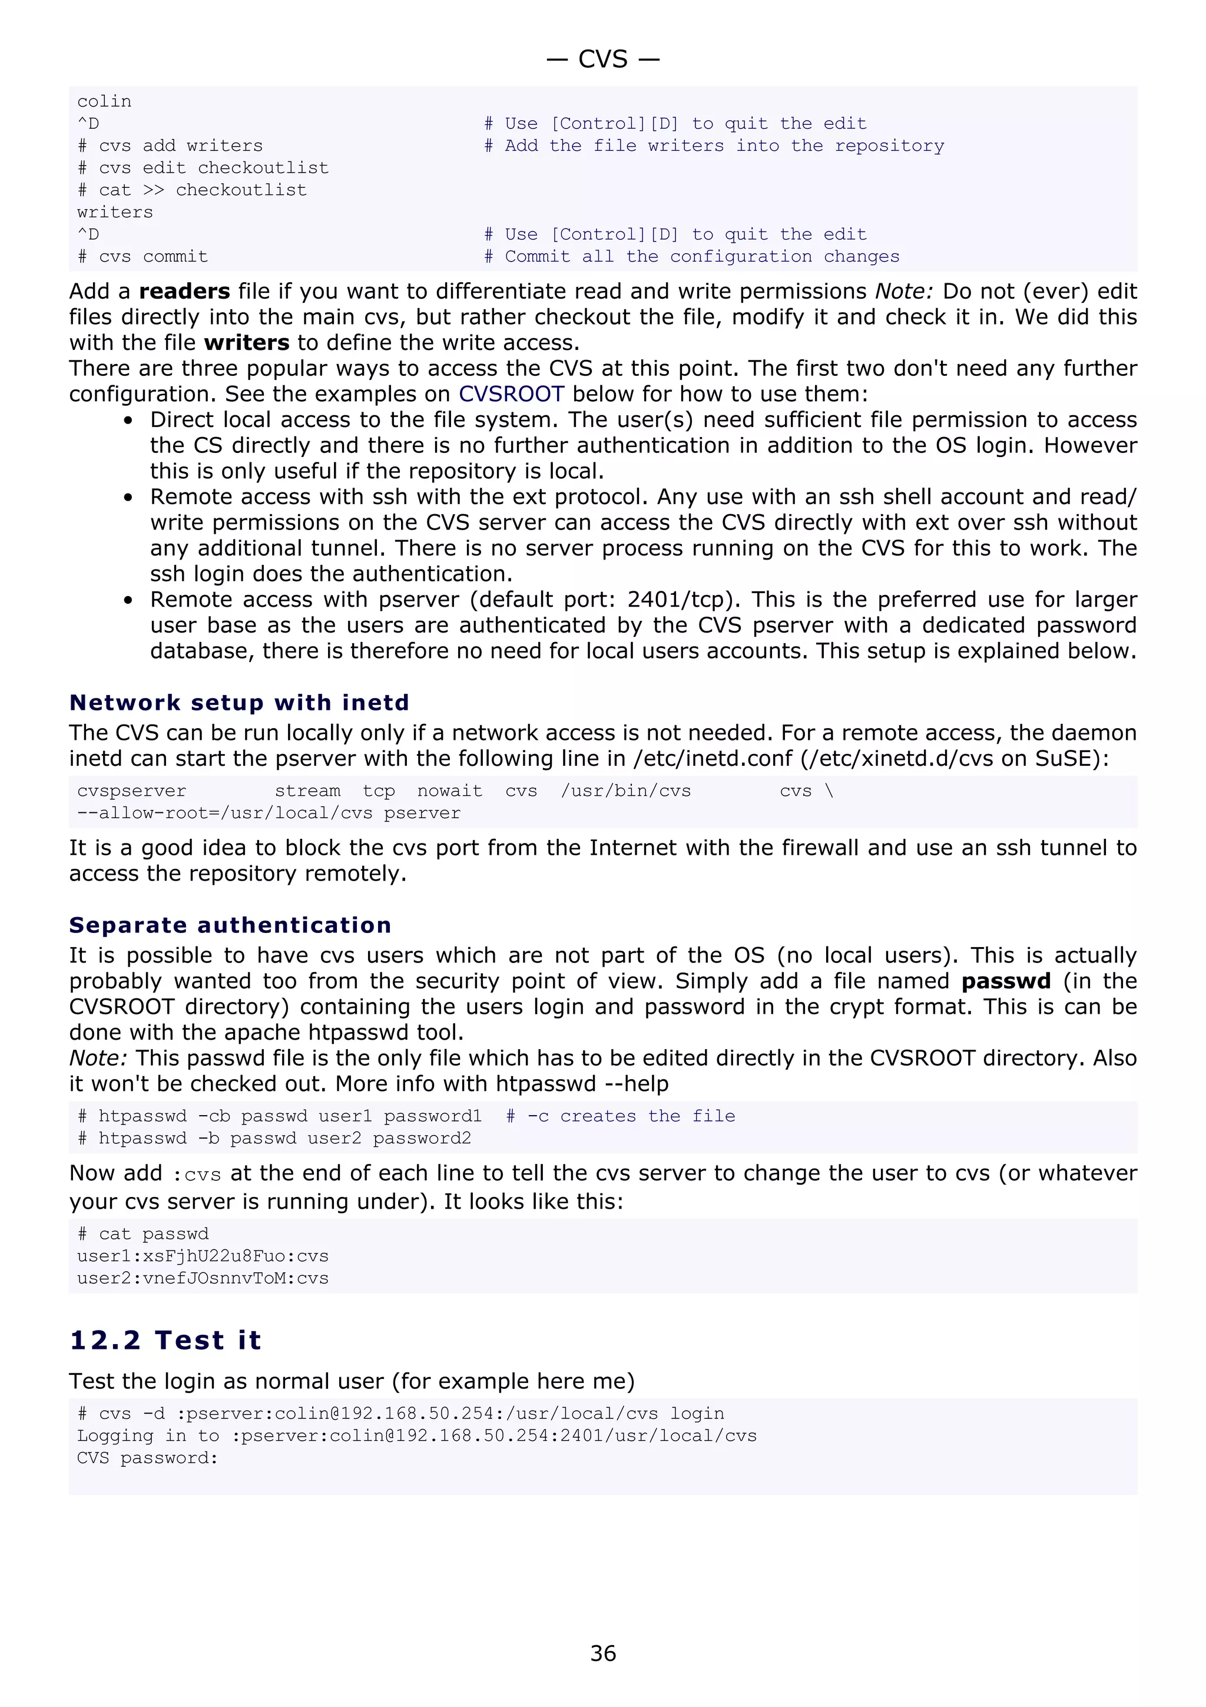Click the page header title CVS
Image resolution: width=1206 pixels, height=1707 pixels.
602,59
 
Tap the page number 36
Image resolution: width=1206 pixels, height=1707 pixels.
602,1653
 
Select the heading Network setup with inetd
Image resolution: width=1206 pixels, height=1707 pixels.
238,703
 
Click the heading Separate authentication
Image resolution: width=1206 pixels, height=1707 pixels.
230,925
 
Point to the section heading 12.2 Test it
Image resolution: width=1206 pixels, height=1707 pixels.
165,1339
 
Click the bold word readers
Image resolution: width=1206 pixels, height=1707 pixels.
184,292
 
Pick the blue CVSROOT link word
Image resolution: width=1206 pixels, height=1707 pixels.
511,394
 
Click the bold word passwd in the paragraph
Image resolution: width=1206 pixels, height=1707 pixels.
1005,981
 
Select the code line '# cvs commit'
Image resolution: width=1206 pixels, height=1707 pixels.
143,256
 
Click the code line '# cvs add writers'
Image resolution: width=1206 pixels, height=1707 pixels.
170,145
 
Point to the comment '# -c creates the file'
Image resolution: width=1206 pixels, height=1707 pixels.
621,1116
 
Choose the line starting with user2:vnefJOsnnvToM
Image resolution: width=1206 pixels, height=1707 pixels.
202,1278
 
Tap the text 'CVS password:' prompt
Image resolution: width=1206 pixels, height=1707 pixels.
147,1457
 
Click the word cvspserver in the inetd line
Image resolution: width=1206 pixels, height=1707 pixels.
131,791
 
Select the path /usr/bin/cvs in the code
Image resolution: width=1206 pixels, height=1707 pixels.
625,791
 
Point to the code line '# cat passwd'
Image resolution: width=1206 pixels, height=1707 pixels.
143,1233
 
